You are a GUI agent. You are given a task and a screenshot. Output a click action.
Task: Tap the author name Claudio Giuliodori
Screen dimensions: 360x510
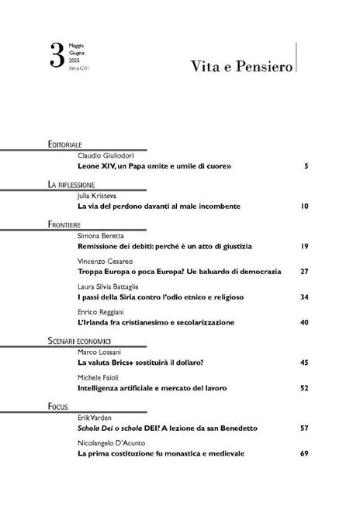(x=105, y=155)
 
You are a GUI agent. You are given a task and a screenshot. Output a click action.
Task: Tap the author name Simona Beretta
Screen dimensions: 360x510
(x=101, y=234)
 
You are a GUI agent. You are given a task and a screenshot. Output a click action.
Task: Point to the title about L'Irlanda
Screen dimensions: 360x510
(x=155, y=322)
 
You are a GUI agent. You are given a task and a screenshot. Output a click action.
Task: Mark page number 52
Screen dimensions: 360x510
(x=305, y=387)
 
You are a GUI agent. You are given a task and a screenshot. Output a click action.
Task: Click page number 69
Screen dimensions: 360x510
(x=305, y=453)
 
